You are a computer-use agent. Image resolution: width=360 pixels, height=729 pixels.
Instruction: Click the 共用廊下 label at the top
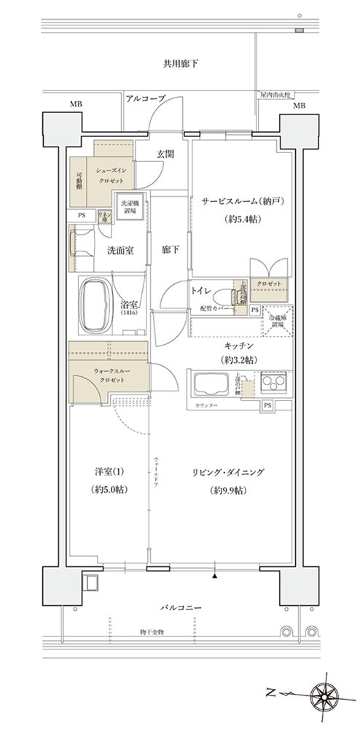click(x=181, y=64)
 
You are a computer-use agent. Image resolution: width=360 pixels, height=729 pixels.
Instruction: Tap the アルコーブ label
click(x=146, y=98)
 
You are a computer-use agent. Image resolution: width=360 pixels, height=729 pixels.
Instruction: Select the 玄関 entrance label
click(x=165, y=154)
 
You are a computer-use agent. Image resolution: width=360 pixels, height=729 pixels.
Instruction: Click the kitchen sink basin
click(x=212, y=383)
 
